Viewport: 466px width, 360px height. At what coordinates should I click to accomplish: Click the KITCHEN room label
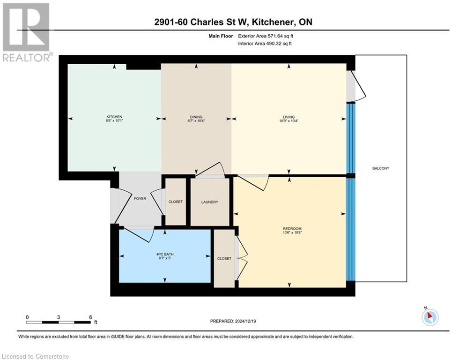coord(114,117)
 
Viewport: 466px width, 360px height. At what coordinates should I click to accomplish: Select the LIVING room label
coord(288,117)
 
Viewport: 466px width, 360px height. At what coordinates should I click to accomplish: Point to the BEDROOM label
coord(289,228)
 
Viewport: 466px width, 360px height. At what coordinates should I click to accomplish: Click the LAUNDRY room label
coord(209,202)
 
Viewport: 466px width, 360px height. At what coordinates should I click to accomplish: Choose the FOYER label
coord(140,198)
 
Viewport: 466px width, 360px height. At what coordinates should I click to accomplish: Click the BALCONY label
coord(381,168)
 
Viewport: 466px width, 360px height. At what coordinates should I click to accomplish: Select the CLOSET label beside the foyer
coord(176,202)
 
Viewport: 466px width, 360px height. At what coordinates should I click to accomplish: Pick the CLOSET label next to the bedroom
coord(224,258)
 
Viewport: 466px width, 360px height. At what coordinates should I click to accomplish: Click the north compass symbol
coord(430,317)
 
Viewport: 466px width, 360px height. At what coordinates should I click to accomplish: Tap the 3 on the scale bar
coord(59,317)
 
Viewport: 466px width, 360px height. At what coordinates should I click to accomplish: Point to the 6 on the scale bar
coord(90,317)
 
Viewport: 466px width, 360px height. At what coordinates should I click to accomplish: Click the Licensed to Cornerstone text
coord(36,357)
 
